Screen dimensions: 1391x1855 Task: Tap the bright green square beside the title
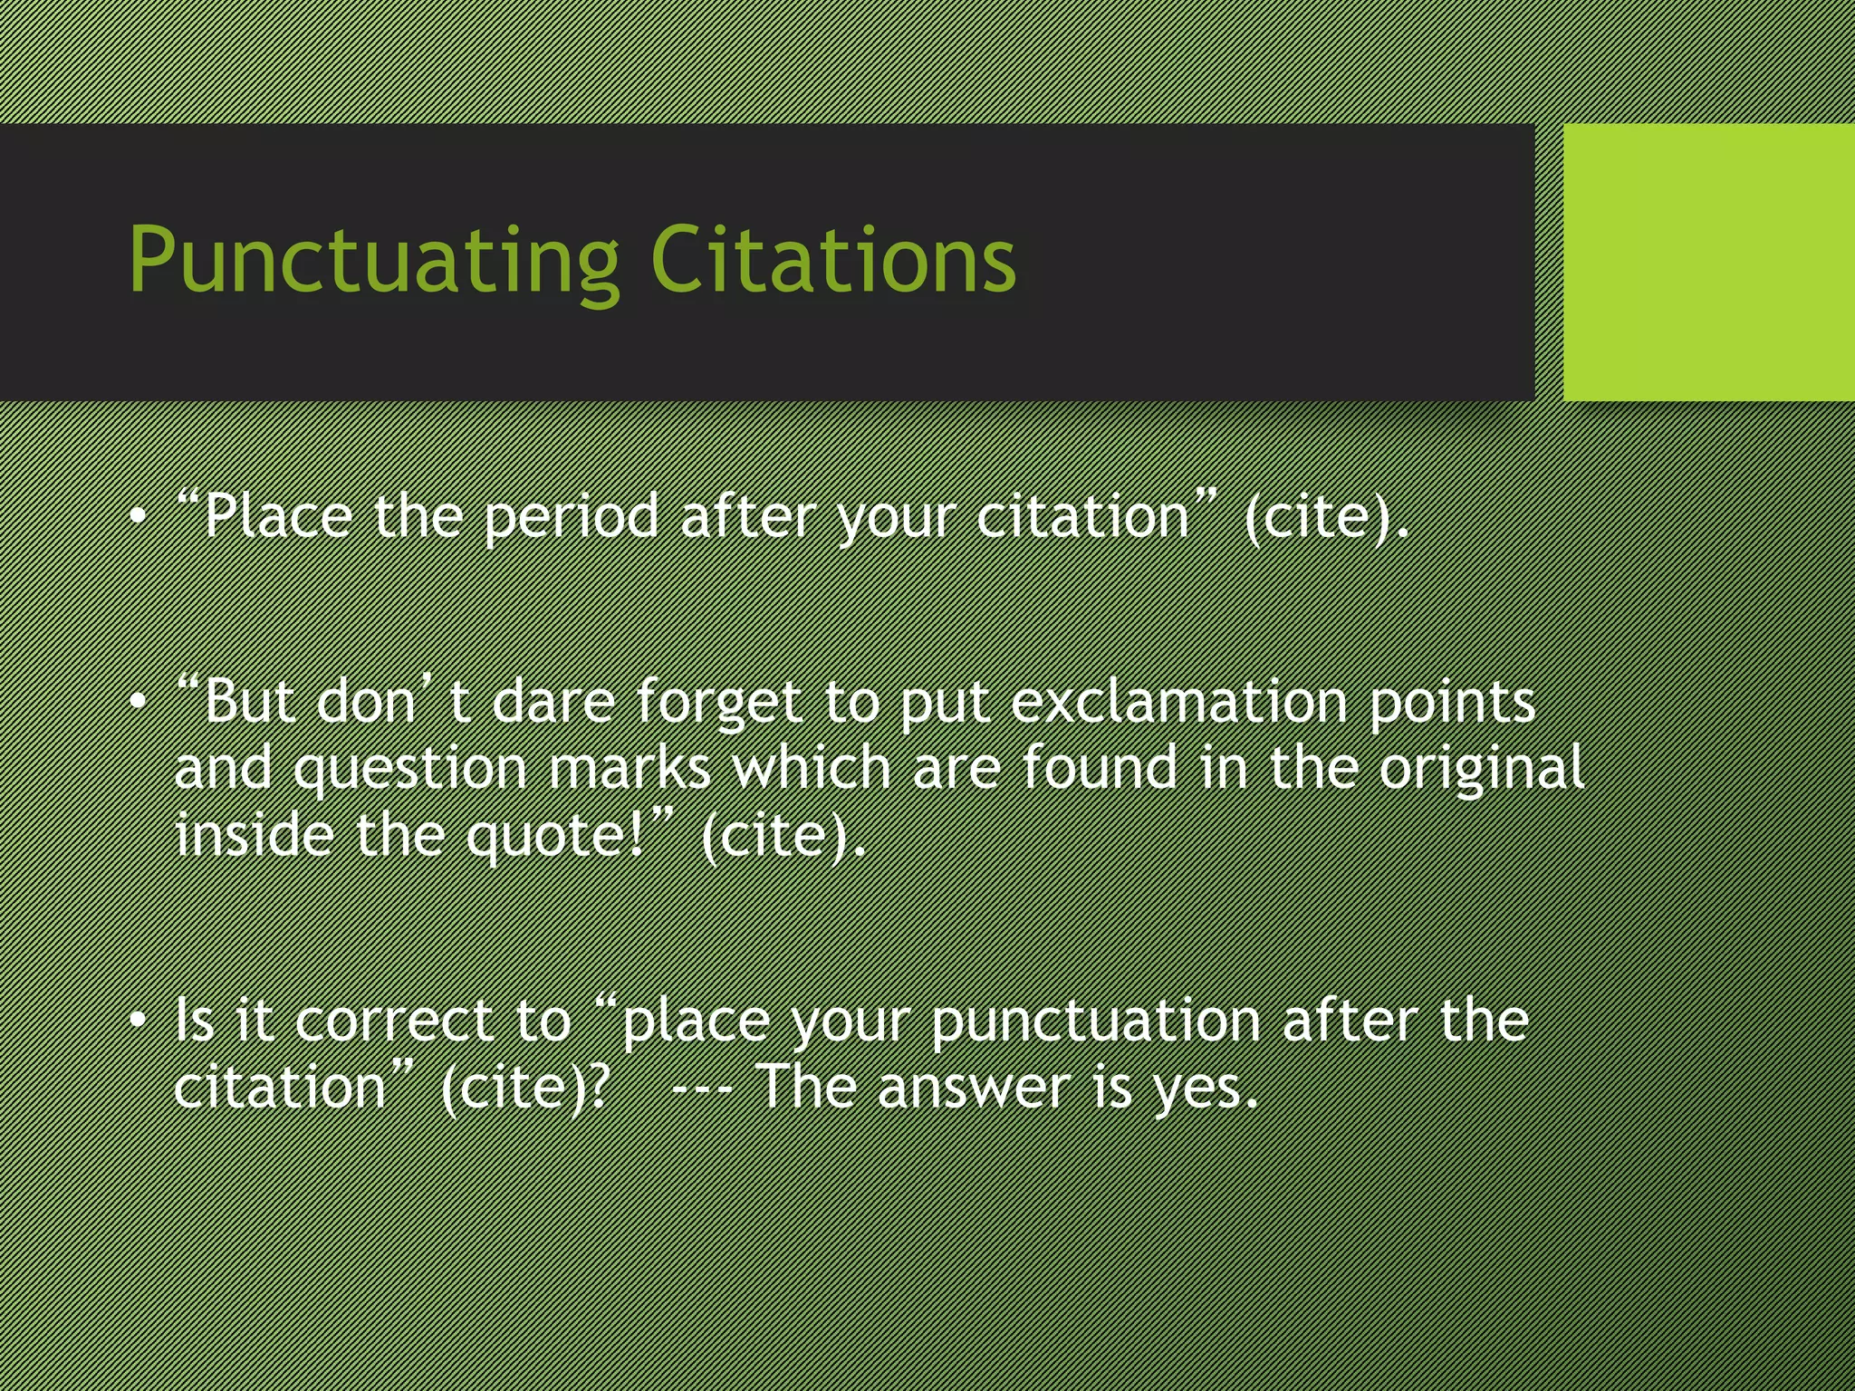tap(1708, 262)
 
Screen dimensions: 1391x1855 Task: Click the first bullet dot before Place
tap(138, 517)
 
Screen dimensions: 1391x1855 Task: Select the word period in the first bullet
tap(571, 518)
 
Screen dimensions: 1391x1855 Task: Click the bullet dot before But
tap(138, 702)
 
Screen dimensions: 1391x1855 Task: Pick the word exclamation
tap(1177, 702)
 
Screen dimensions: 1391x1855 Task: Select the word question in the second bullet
tap(410, 771)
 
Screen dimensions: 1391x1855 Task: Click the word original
tap(1481, 771)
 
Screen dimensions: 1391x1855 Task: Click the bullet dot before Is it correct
tap(138, 1022)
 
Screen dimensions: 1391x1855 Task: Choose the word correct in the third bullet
tap(393, 1022)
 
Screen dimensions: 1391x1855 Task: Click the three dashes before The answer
tap(703, 1088)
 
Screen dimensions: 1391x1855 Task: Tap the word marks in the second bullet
tap(630, 769)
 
